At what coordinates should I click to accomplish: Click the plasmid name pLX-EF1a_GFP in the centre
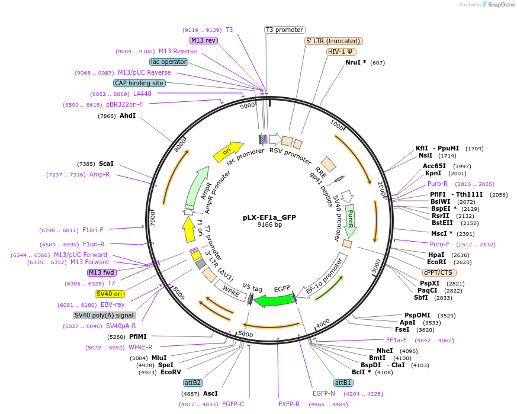click(269, 217)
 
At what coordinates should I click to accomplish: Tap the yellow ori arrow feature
click(228, 152)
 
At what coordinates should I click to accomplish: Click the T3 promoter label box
click(284, 30)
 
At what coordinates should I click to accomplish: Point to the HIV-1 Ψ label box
click(341, 52)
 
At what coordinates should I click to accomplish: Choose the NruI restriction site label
click(356, 62)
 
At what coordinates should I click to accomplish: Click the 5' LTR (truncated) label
click(333, 41)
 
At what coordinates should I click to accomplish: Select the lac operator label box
click(169, 62)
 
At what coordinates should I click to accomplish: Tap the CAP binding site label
click(139, 84)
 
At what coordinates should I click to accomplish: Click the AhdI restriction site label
click(128, 115)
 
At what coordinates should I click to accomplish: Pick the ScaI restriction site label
click(107, 163)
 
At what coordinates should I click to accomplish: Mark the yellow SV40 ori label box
click(110, 294)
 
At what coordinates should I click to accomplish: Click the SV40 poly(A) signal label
click(104, 315)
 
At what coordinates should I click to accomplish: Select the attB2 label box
click(192, 383)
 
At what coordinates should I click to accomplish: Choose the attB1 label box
click(343, 383)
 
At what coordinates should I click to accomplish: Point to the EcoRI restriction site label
click(436, 262)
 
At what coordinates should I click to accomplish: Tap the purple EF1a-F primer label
click(396, 340)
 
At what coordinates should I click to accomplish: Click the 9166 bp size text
click(269, 225)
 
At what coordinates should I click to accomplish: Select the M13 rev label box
click(203, 40)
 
